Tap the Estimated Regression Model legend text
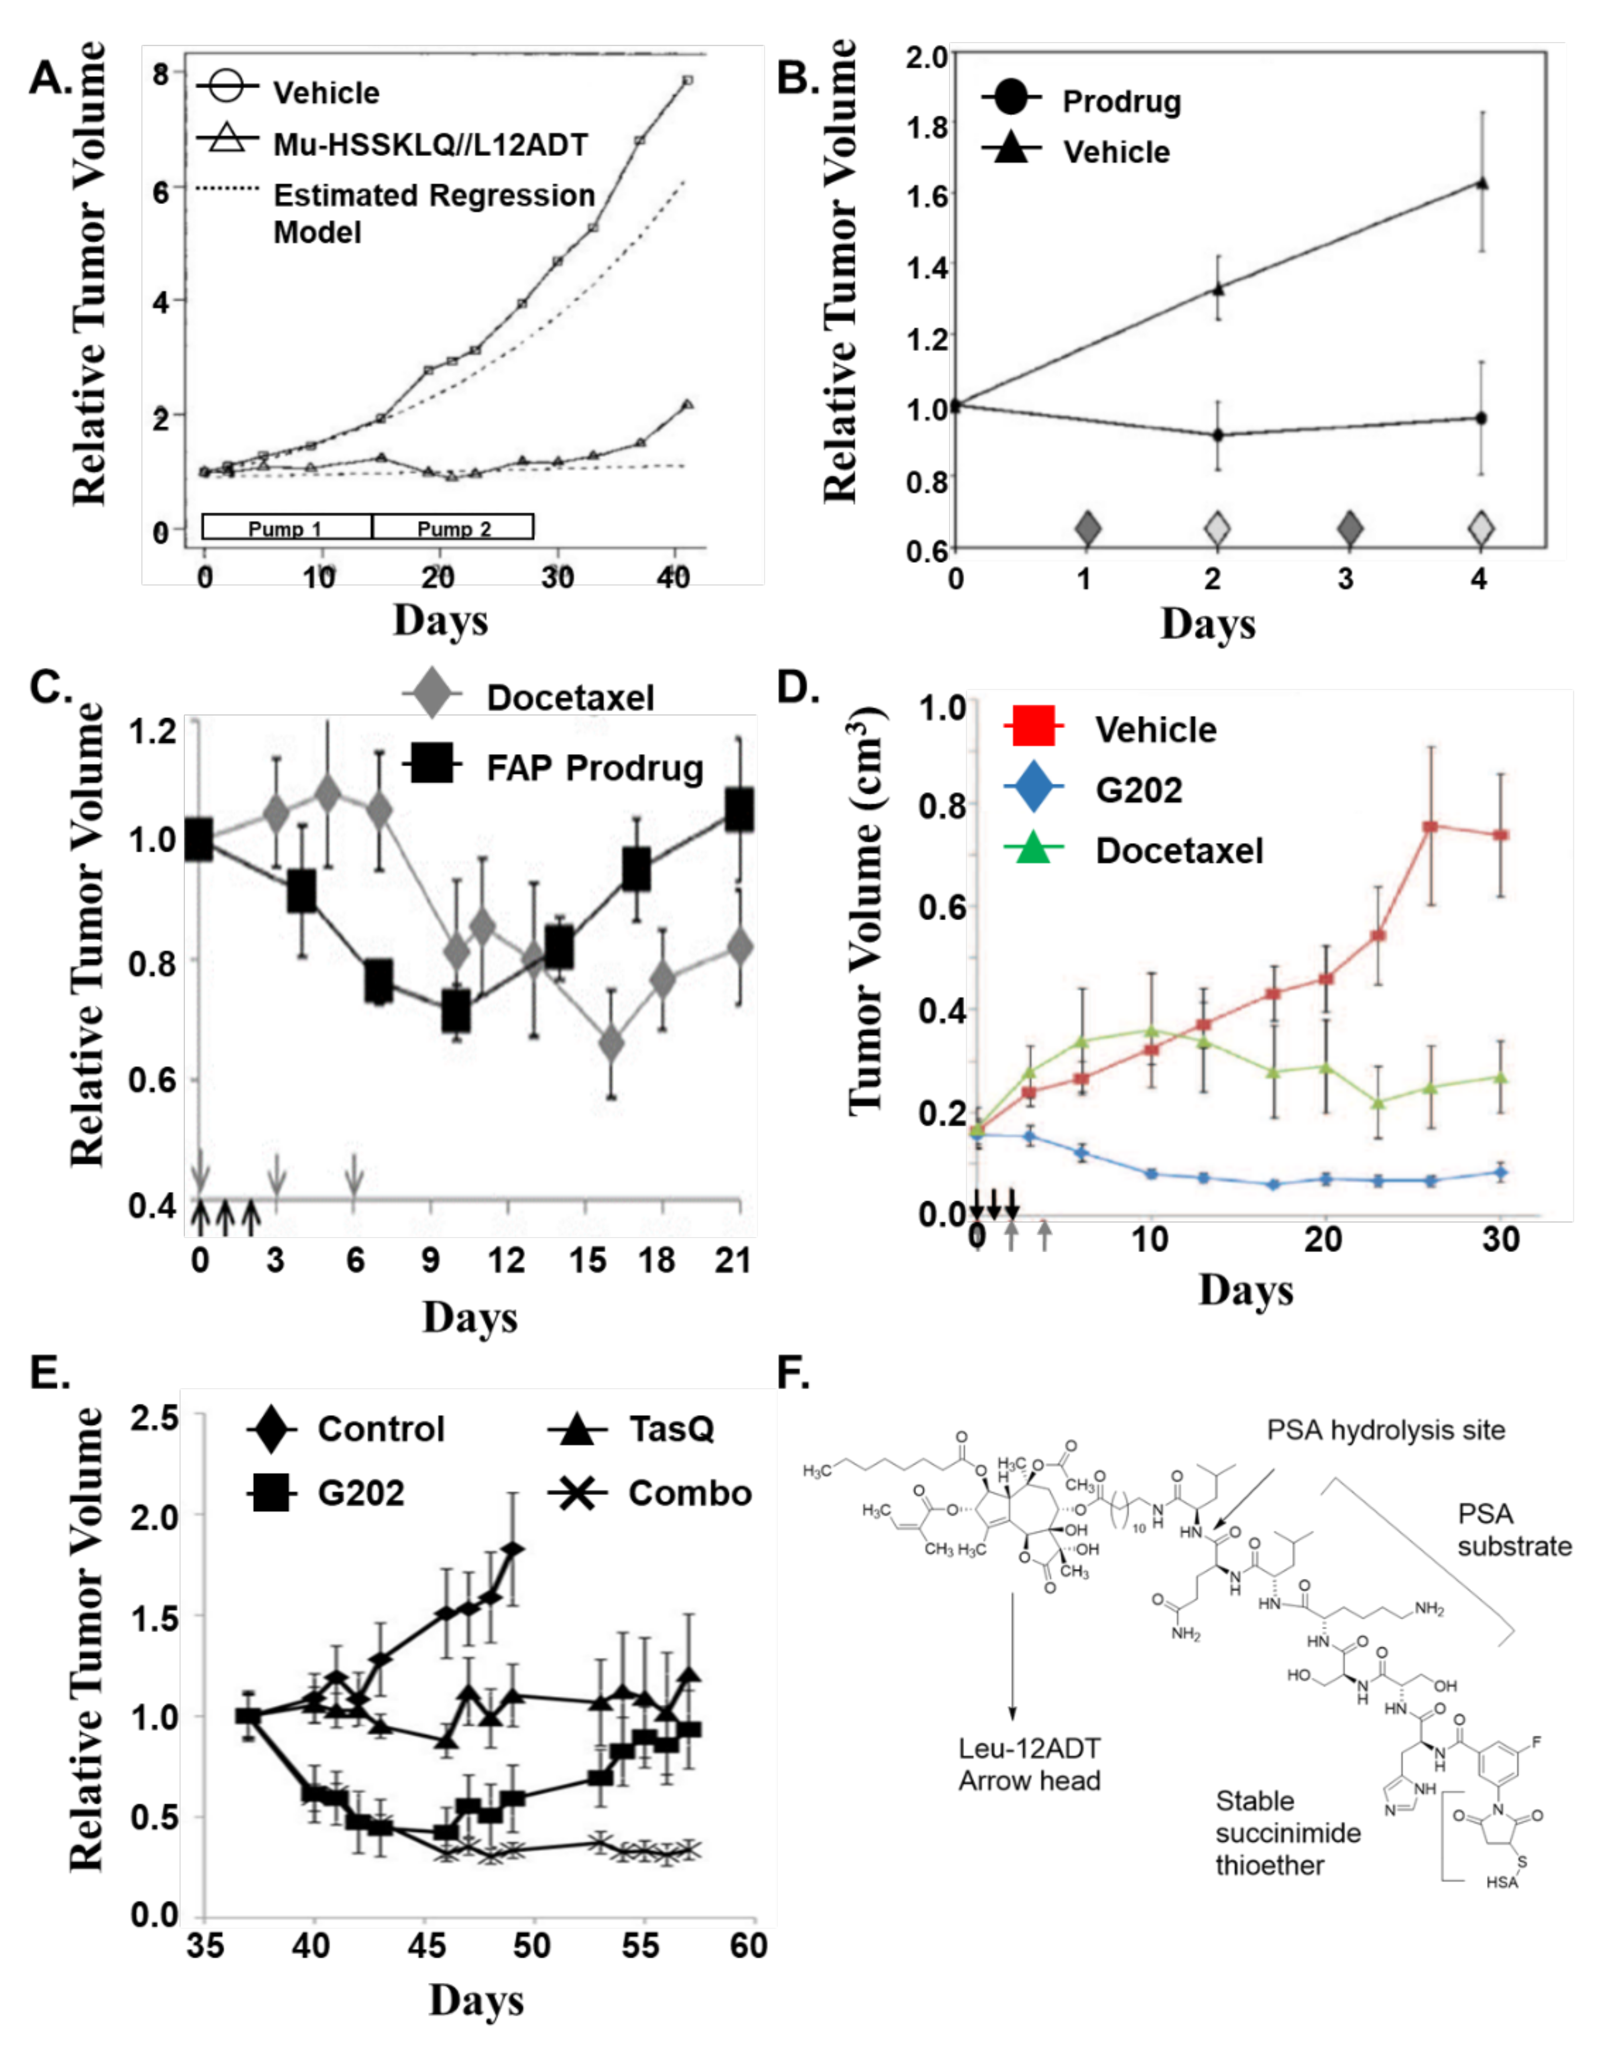point(434,213)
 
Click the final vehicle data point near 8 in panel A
point(688,80)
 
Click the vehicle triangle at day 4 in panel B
point(1482,183)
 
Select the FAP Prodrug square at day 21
point(739,810)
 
